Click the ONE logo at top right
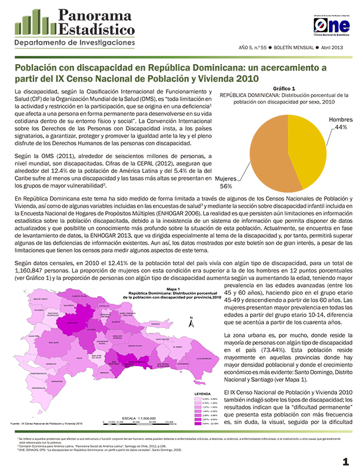coord(331,26)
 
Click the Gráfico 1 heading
coord(284,88)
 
